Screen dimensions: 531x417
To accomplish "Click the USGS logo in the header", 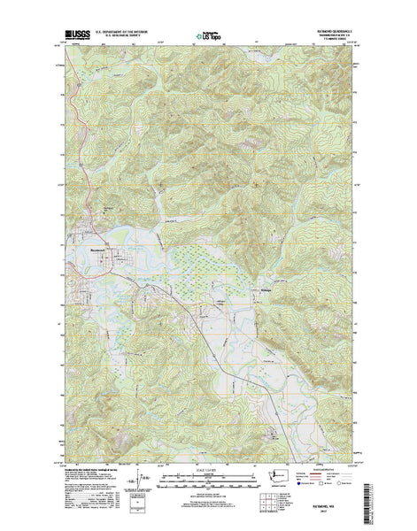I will pyautogui.click(x=73, y=36).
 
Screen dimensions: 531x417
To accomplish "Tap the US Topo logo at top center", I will pyautogui.click(x=209, y=37).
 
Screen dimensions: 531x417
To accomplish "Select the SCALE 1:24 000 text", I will pyautogui.click(x=208, y=458).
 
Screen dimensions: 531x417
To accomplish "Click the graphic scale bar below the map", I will pyautogui.click(x=208, y=469).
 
